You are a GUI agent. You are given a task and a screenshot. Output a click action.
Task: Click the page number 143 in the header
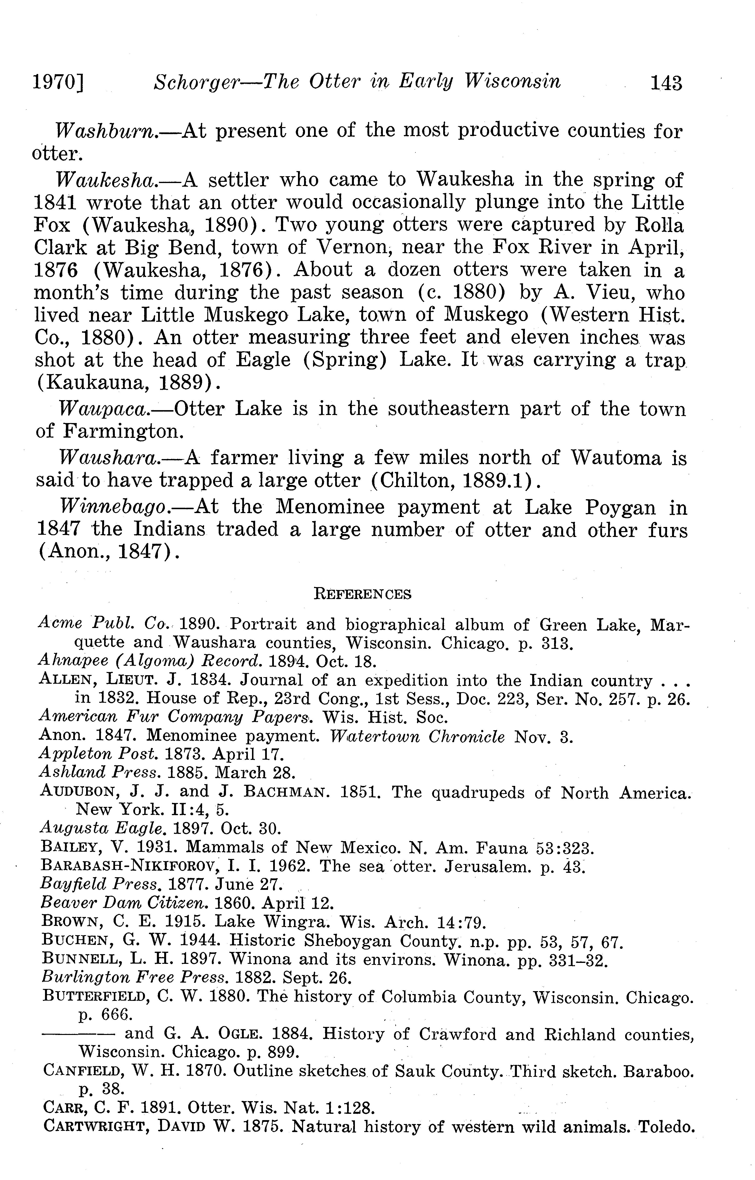tap(666, 83)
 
